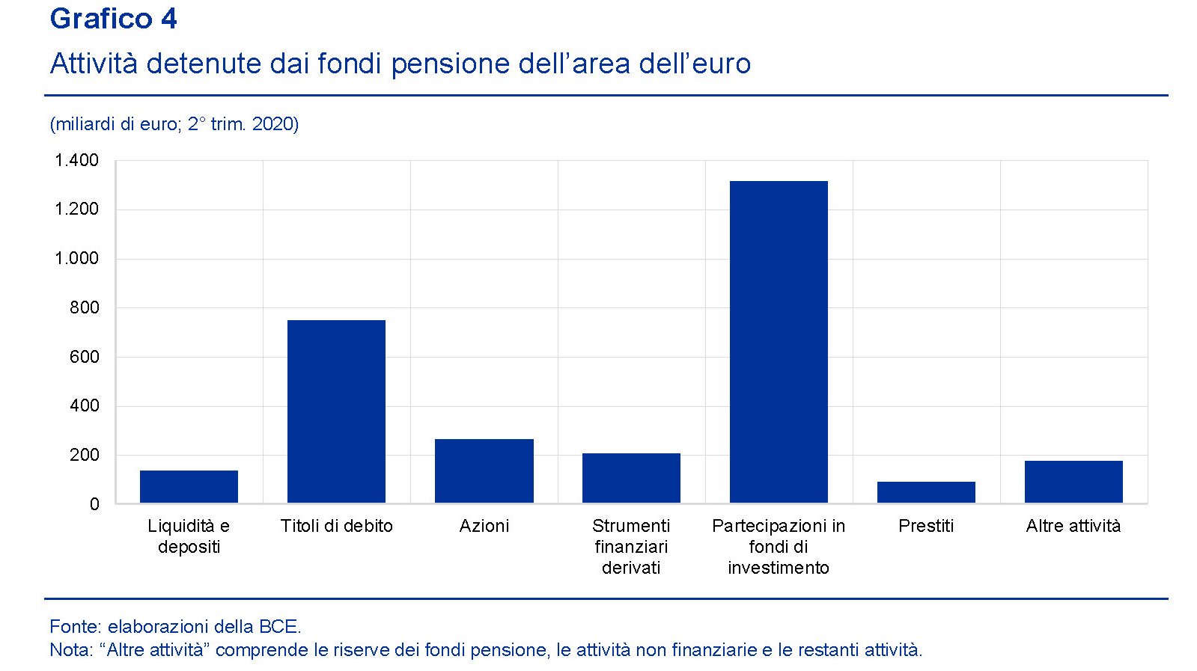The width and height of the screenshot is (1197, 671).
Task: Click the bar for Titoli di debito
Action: (336, 411)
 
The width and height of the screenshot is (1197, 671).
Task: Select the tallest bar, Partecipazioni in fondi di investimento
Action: (779, 342)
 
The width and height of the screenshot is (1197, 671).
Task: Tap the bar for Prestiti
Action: (926, 492)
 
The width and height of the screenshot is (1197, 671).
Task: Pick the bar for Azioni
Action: (484, 471)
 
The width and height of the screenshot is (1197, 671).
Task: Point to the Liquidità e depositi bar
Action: (189, 486)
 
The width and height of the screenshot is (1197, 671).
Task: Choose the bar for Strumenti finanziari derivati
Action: (631, 478)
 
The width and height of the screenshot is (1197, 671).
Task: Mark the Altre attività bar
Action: (1073, 482)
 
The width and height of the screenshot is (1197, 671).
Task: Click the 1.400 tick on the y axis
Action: (76, 160)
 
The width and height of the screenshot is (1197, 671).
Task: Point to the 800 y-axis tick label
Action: (84, 307)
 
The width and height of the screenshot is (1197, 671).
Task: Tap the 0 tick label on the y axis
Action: (94, 504)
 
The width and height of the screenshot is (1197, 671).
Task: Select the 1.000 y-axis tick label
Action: (76, 258)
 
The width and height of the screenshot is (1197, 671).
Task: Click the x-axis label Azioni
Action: (484, 526)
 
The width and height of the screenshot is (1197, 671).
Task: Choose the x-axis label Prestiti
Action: (926, 526)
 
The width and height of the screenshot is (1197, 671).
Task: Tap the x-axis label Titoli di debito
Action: (336, 526)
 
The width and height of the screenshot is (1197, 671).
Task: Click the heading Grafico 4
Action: (113, 19)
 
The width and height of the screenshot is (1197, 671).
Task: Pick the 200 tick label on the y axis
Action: (84, 455)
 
